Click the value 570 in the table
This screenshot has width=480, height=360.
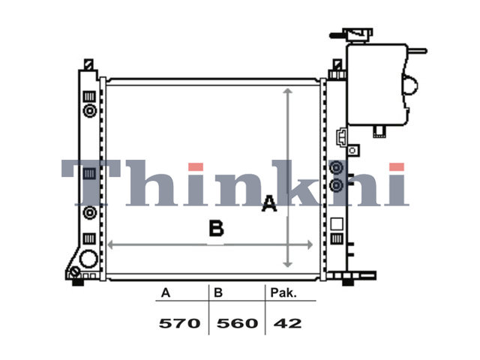(180, 323)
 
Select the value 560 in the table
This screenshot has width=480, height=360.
(237, 323)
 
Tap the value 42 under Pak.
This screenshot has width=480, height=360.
(287, 323)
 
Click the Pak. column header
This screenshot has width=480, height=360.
(283, 293)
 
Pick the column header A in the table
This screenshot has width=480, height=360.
(166, 293)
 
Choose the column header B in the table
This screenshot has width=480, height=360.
(218, 293)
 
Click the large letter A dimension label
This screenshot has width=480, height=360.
(269, 203)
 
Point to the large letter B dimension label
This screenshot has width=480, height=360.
(217, 228)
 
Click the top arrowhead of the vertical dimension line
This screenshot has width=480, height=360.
(287, 91)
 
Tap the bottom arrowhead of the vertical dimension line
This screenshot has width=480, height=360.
(287, 264)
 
